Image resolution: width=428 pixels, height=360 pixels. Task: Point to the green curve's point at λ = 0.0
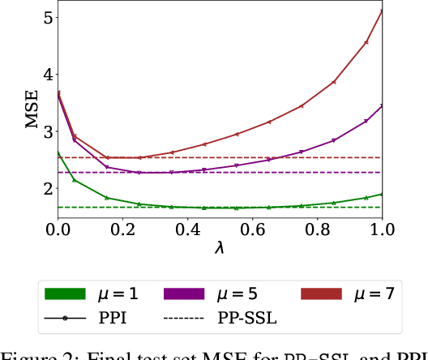pos(58,152)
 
